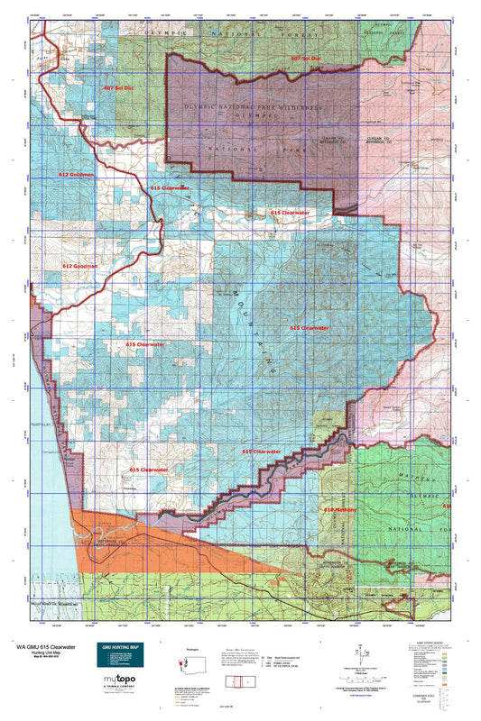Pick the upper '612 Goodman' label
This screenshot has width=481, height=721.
tap(77, 174)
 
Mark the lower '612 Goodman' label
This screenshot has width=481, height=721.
tap(80, 267)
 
